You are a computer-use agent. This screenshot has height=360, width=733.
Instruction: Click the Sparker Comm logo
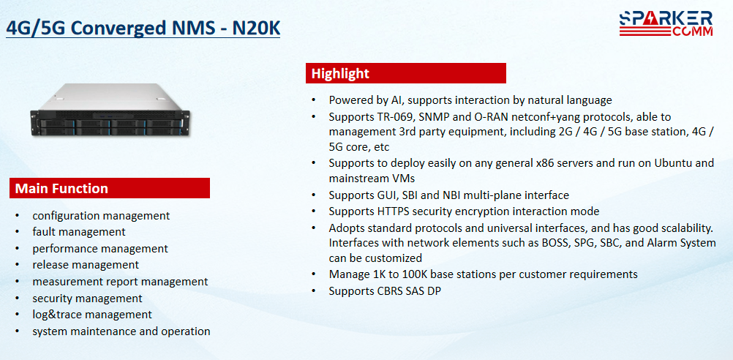pos(666,24)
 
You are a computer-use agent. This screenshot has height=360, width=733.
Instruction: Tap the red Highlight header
pos(406,73)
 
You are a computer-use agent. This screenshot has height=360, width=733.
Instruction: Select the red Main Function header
pos(110,189)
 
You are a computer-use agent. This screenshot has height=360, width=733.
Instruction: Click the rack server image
pos(110,110)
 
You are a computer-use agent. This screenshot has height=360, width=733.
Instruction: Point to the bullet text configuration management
pos(101,216)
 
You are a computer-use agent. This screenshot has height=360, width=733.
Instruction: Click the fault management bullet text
pos(79,232)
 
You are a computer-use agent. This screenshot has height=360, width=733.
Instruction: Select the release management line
pos(86,265)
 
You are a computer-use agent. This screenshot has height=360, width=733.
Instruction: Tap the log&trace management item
pos(92,315)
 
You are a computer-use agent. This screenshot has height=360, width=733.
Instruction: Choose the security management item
pos(87,299)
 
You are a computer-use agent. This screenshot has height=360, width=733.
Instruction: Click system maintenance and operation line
pos(121,331)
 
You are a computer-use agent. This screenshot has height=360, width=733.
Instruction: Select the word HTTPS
pos(392,211)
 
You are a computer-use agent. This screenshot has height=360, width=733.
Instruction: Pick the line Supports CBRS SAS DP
pos(385,290)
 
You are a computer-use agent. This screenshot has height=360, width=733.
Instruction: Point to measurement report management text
pos(120,282)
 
